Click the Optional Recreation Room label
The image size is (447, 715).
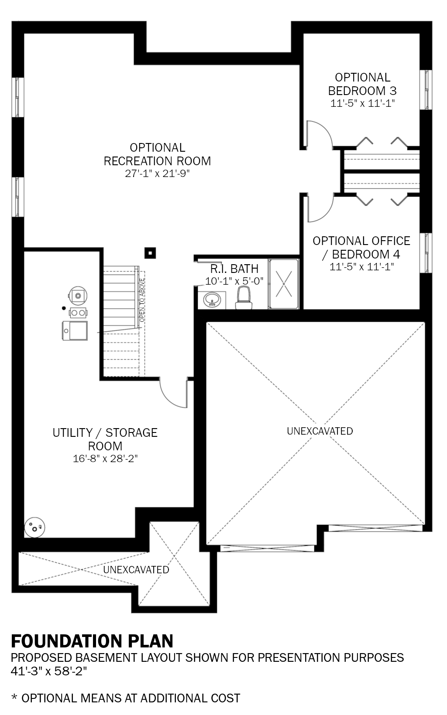(x=157, y=154)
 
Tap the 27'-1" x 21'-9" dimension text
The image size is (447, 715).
(x=157, y=174)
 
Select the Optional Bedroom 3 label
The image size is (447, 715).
(x=362, y=84)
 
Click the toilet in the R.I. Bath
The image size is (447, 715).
(x=244, y=298)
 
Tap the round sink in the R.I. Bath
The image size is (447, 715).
(x=213, y=300)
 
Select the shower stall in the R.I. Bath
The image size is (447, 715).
(x=284, y=283)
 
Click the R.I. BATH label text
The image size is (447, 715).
(x=234, y=269)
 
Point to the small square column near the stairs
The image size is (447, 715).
(x=150, y=253)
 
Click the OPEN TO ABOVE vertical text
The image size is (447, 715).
(x=142, y=301)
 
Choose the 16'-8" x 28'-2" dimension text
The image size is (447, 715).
(x=105, y=459)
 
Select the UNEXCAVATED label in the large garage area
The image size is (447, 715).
(x=320, y=431)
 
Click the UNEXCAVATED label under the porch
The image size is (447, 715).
(x=136, y=569)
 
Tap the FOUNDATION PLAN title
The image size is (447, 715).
(x=92, y=641)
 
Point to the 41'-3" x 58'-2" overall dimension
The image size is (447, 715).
(x=49, y=671)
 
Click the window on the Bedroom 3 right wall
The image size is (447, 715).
(x=426, y=89)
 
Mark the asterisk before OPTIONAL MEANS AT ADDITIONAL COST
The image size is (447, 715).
(x=14, y=698)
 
